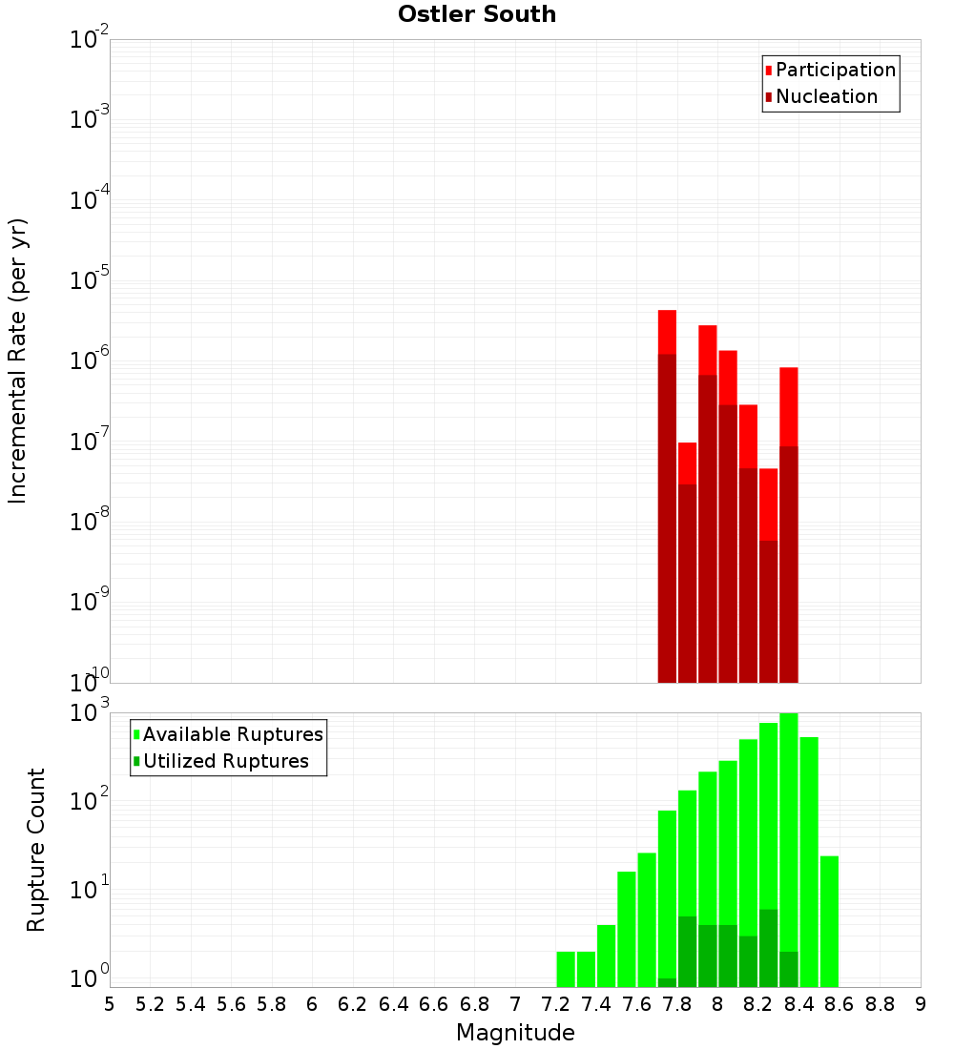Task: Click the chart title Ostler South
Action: click(477, 14)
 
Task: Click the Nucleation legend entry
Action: click(826, 97)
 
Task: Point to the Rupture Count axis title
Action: click(36, 850)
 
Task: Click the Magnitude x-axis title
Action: click(515, 1033)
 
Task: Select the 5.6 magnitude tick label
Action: click(231, 1004)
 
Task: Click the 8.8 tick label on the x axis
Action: click(880, 1004)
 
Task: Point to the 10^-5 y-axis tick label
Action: click(91, 280)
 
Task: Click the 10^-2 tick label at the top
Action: click(91, 40)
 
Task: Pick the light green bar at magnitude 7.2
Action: click(566, 968)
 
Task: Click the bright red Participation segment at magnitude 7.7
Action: click(667, 332)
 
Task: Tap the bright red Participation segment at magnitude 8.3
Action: click(788, 405)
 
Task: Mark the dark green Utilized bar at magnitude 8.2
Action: click(768, 949)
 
